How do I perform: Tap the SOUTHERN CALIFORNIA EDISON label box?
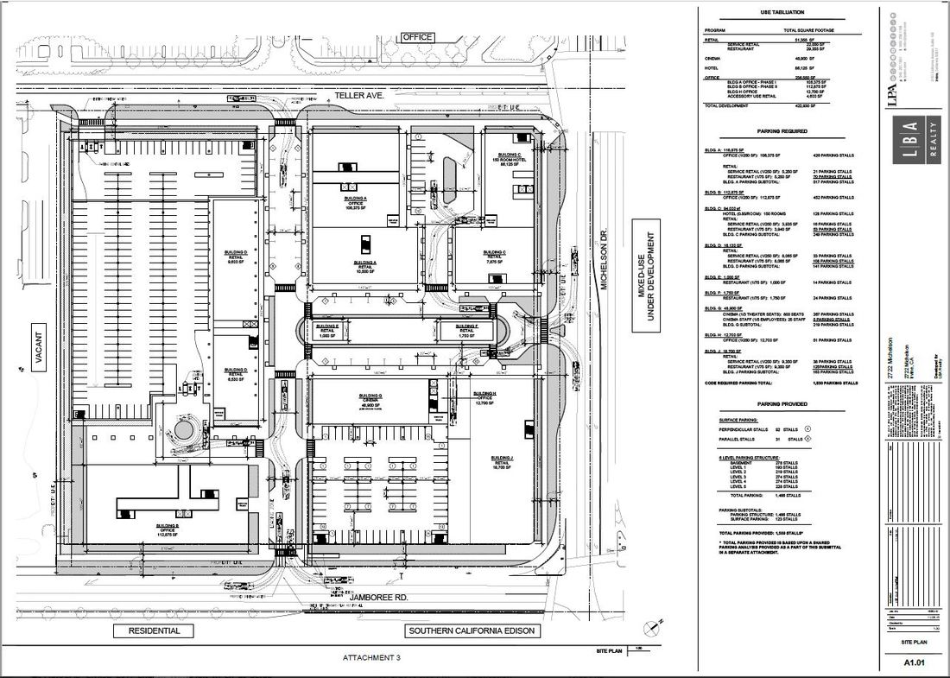coord(471,630)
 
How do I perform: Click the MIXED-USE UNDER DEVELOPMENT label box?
coord(646,273)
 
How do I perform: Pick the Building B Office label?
coord(167,530)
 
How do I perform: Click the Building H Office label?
coord(484,400)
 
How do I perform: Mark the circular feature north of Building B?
coord(182,429)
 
